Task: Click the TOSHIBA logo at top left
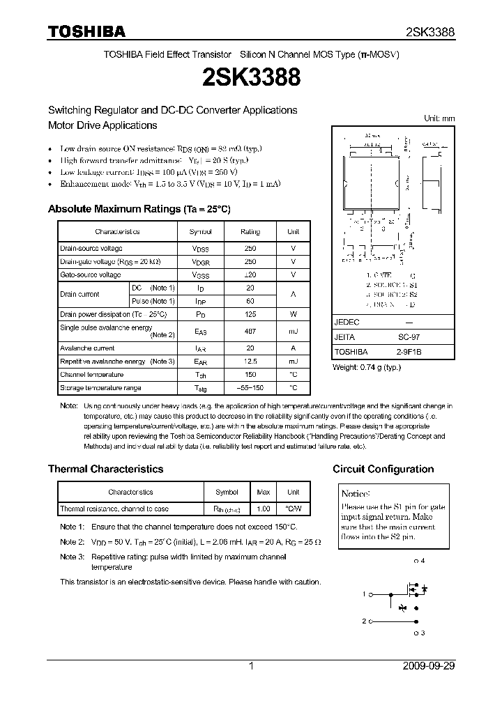click(x=86, y=31)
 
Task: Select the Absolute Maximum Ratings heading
click(x=139, y=209)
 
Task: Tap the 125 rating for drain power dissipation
click(x=250, y=314)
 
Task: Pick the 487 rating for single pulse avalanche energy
click(x=250, y=331)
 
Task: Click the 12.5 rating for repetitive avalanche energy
click(x=250, y=362)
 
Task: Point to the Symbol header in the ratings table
click(x=200, y=231)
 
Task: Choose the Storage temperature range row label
click(x=100, y=388)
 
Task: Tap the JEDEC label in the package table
click(x=347, y=323)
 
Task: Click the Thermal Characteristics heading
click(x=105, y=469)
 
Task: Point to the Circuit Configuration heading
click(x=383, y=469)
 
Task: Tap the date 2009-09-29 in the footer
click(x=429, y=666)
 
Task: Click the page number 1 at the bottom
click(x=251, y=666)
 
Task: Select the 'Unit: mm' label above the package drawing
click(x=439, y=118)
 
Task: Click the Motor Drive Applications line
click(x=102, y=125)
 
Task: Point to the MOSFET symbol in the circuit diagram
click(x=413, y=592)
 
